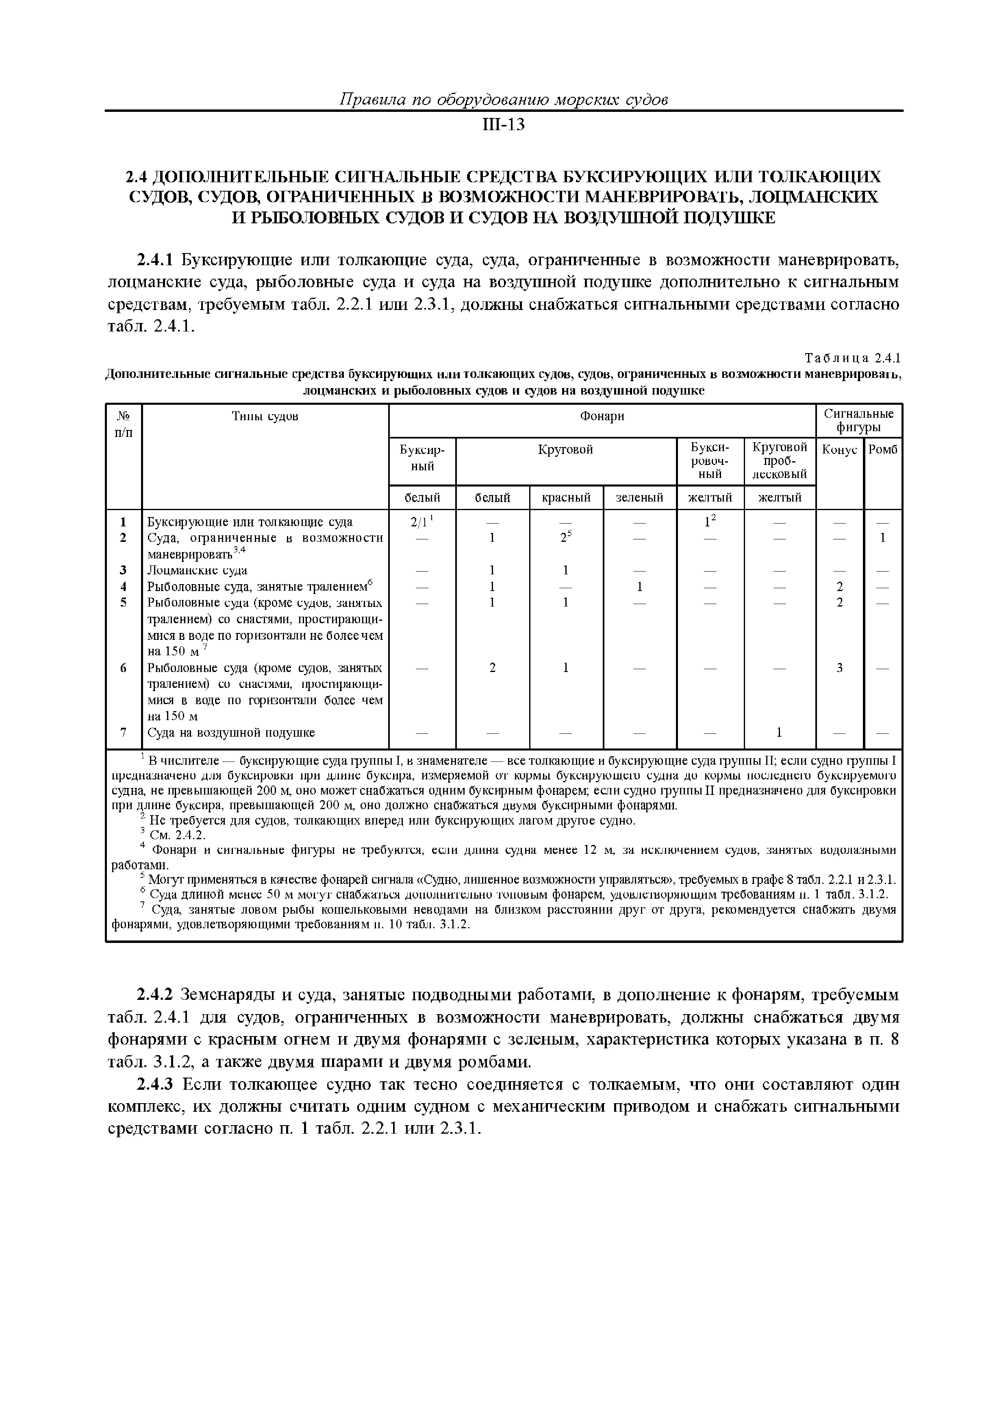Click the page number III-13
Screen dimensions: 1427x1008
coord(503,126)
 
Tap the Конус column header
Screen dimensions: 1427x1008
coord(839,450)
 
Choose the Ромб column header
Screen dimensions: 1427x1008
coord(882,450)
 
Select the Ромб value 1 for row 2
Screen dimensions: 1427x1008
coord(882,538)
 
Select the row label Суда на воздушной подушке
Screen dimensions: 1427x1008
coord(231,733)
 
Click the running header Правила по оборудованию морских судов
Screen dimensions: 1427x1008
coord(503,99)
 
